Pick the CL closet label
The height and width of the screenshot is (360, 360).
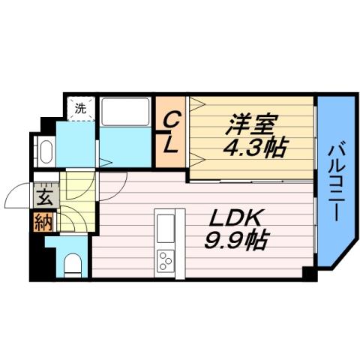coord(171,132)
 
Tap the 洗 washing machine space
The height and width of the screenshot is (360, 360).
coord(81,108)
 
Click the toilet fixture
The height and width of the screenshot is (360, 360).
coord(73,264)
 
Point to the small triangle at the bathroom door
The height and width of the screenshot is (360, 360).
coord(106,161)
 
